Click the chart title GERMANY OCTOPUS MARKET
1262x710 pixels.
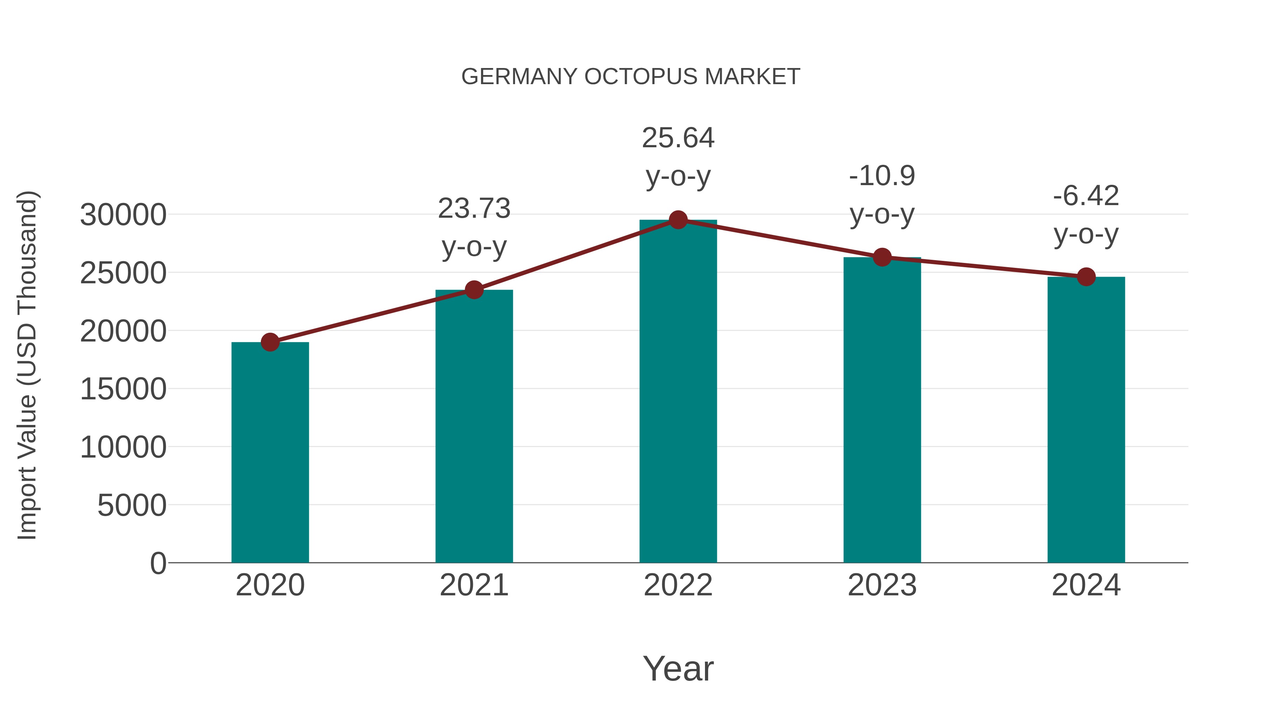click(631, 77)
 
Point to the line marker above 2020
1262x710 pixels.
click(270, 342)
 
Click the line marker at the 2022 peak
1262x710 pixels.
click(678, 220)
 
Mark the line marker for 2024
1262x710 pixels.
click(1086, 277)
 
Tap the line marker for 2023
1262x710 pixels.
click(882, 257)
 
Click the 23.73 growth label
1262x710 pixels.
click(474, 209)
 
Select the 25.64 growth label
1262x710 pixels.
click(678, 138)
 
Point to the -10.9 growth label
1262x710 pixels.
click(882, 176)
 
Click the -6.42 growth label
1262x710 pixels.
click(1086, 196)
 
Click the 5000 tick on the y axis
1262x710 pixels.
click(132, 505)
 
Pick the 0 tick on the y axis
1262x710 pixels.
click(158, 563)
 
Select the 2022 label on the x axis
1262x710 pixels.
click(678, 585)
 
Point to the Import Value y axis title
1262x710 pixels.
click(27, 365)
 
